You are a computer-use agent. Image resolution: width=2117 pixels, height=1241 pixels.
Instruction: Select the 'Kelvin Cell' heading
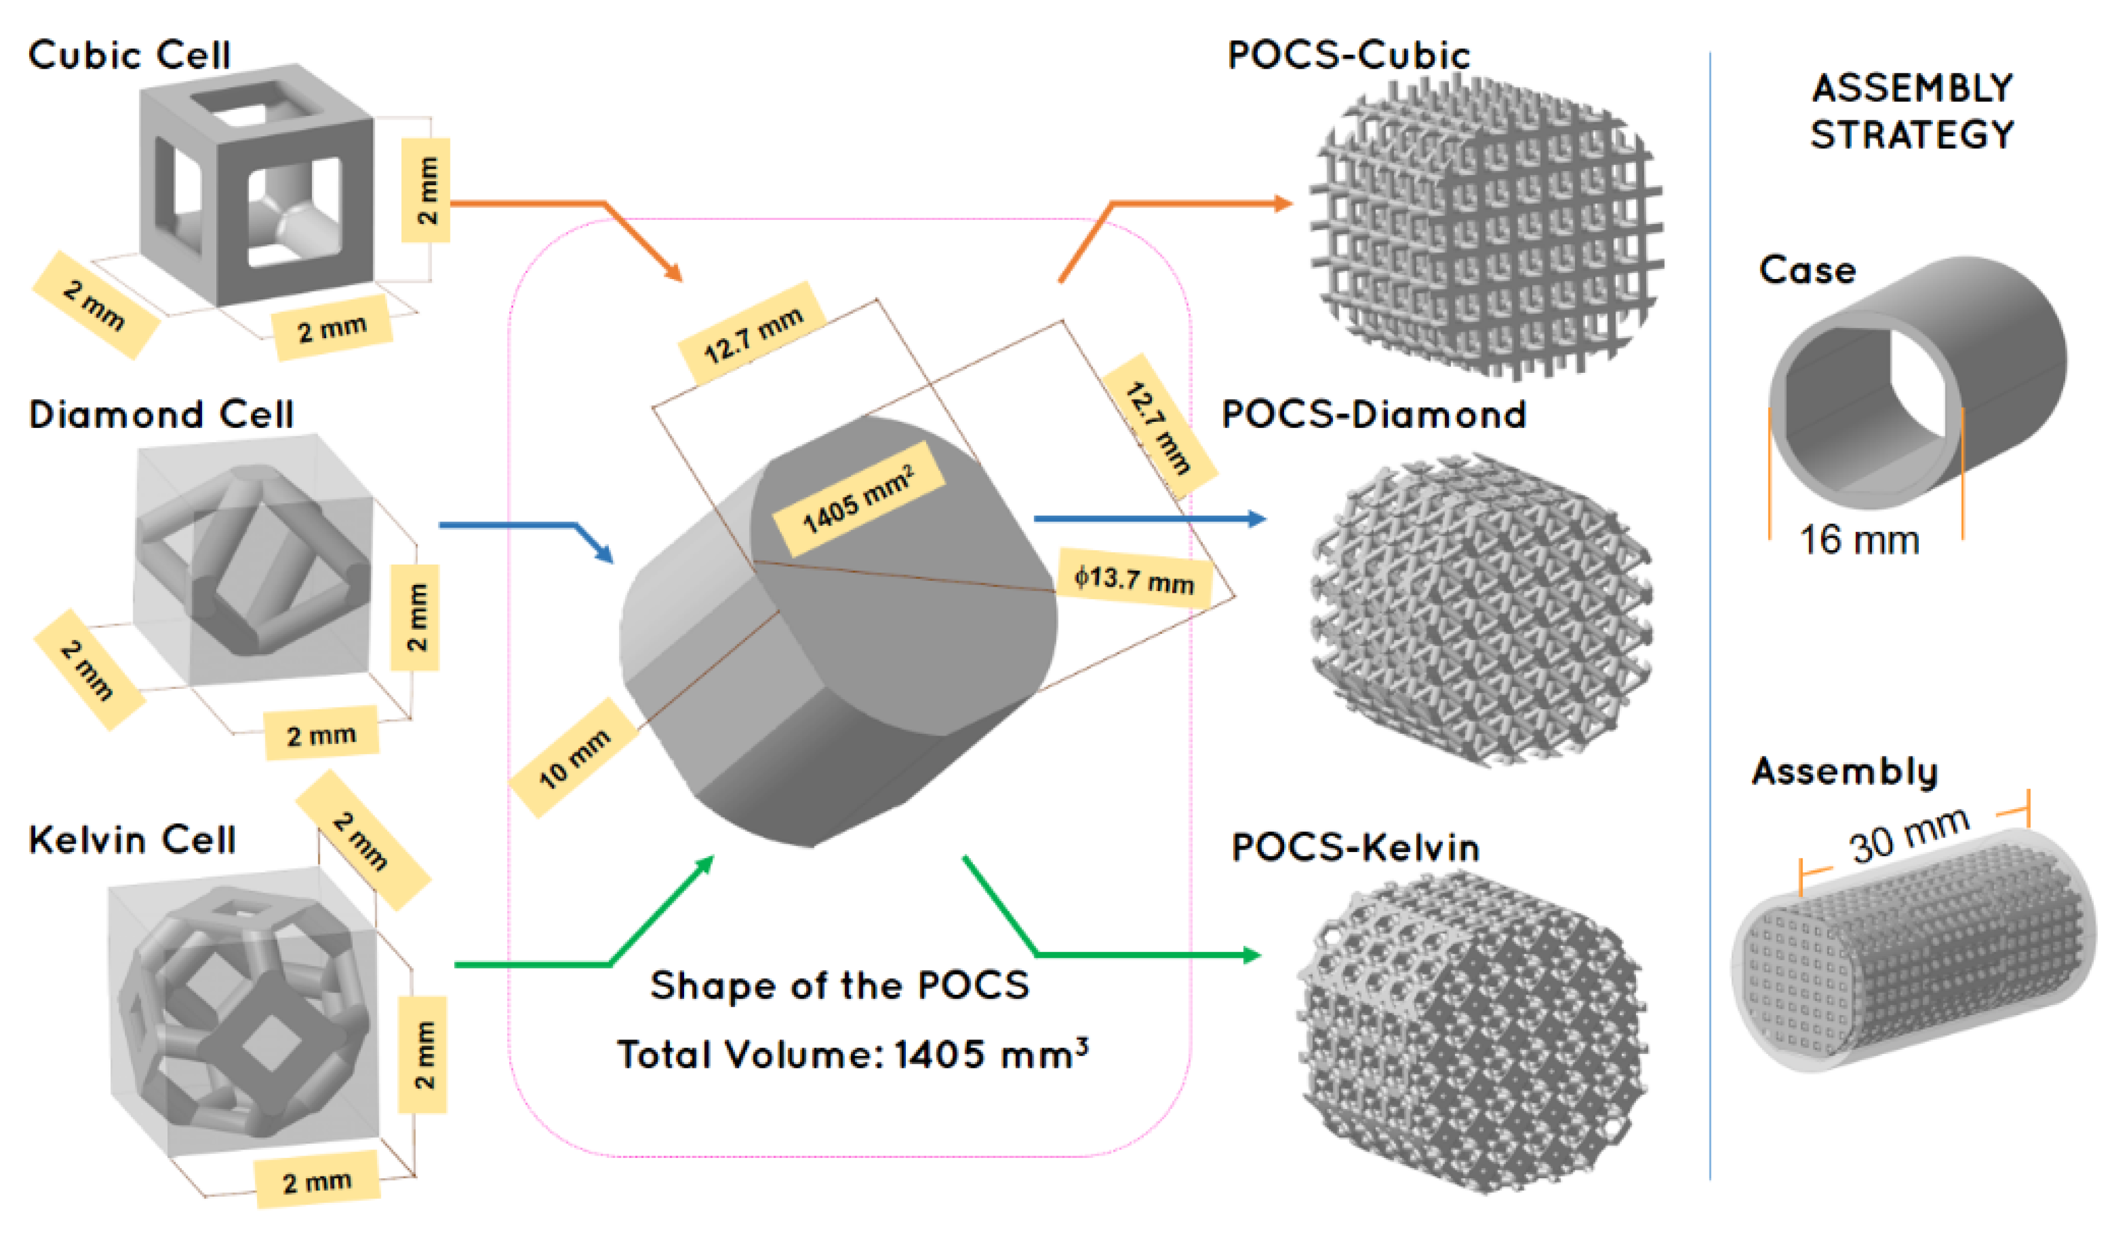[x=132, y=839]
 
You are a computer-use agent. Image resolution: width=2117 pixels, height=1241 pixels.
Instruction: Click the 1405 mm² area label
[x=859, y=499]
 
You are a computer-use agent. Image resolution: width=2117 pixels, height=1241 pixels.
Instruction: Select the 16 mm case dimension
[x=1858, y=540]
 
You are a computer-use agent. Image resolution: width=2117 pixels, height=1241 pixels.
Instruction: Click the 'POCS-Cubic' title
[x=1349, y=56]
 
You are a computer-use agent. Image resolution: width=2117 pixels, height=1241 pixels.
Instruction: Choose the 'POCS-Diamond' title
[x=1374, y=414]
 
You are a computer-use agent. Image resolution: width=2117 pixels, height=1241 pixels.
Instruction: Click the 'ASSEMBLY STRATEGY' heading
[x=1912, y=111]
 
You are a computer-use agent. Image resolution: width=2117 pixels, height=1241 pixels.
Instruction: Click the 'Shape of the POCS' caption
[x=840, y=985]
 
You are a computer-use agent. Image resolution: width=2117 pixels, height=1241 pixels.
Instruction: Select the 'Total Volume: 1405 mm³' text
[x=853, y=1053]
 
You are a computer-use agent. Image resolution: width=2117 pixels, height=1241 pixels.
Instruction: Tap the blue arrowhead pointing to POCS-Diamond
[x=1257, y=519]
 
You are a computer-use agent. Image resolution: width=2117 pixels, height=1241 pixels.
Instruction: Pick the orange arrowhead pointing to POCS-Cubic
[x=1283, y=203]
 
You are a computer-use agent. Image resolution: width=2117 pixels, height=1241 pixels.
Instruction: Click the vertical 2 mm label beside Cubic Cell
[x=426, y=190]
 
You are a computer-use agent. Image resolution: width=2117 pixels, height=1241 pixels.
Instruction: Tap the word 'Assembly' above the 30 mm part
[x=1844, y=771]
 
